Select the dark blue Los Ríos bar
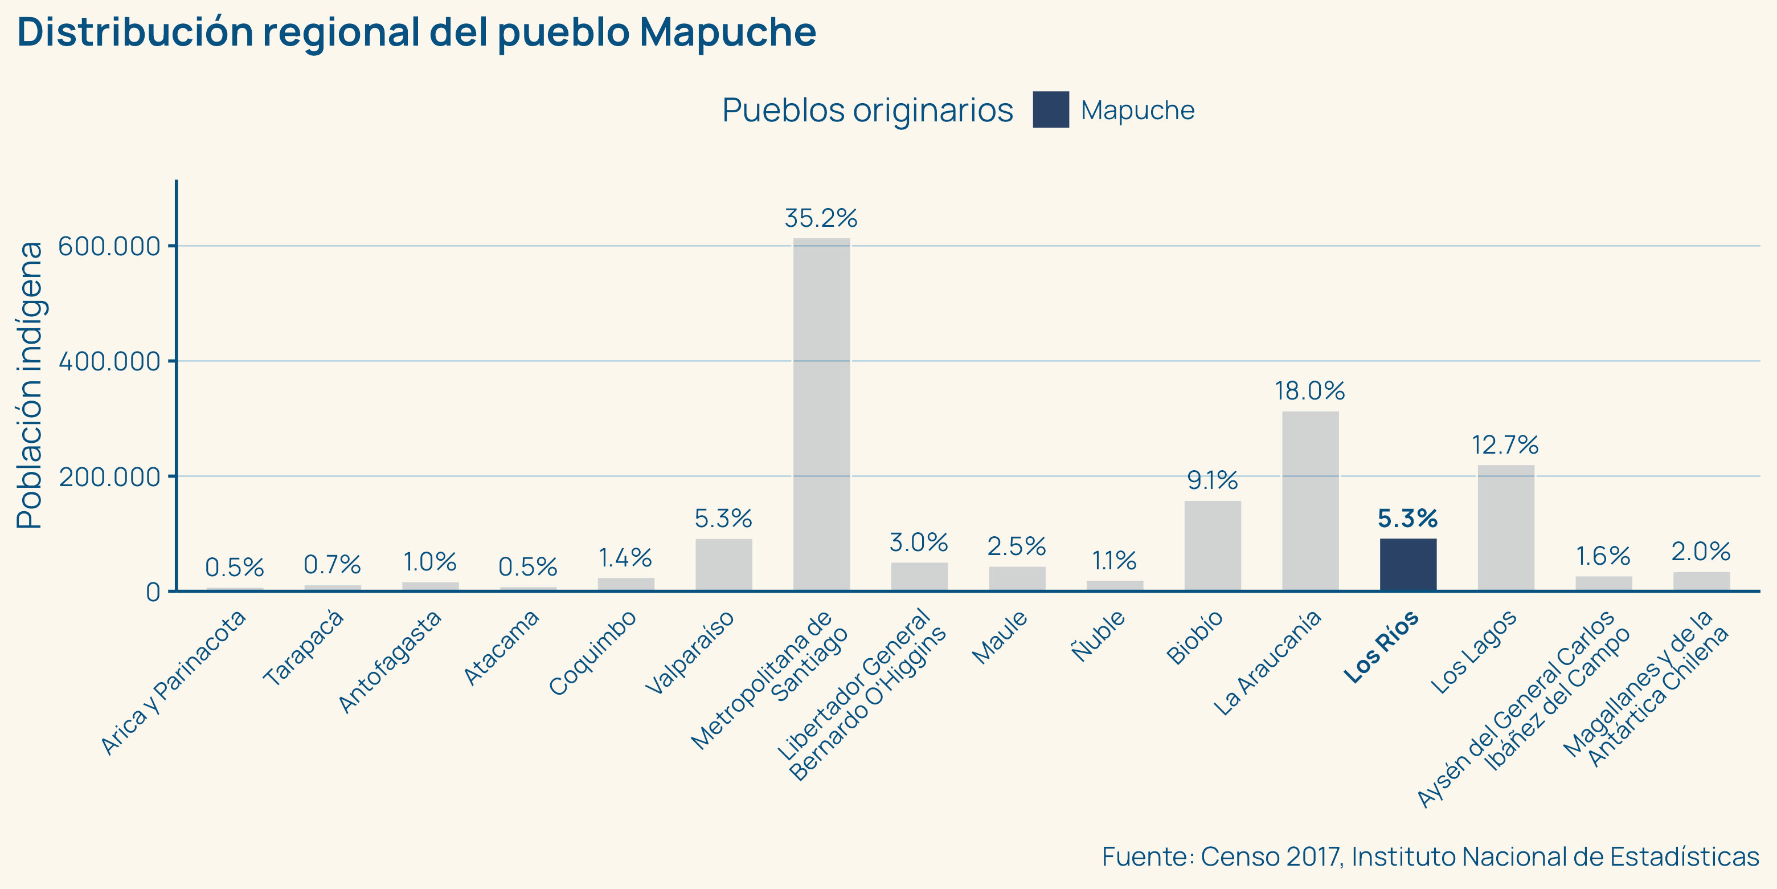pyautogui.click(x=1408, y=565)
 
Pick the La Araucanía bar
pyautogui.click(x=1310, y=500)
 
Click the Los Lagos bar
pyautogui.click(x=1505, y=528)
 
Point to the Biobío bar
pyautogui.click(x=1212, y=545)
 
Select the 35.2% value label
pyautogui.click(x=821, y=219)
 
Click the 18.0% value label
pyautogui.click(x=1310, y=392)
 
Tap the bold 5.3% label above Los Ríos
pyautogui.click(x=1408, y=519)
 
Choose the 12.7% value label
pyautogui.click(x=1505, y=445)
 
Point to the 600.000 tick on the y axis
pyautogui.click(x=109, y=246)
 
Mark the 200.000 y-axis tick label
pyautogui.click(x=109, y=477)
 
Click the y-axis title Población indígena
pyautogui.click(x=30, y=385)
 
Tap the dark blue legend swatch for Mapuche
pyautogui.click(x=1051, y=110)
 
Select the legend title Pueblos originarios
pyautogui.click(x=867, y=111)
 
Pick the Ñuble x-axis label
pyautogui.click(x=1099, y=635)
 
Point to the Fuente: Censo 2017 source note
pyautogui.click(x=1430, y=857)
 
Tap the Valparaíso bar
pyautogui.click(x=724, y=565)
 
